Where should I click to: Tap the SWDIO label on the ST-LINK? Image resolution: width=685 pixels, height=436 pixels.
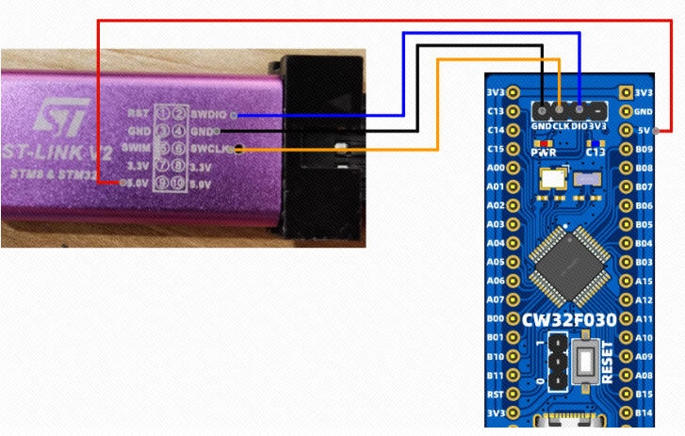(x=205, y=113)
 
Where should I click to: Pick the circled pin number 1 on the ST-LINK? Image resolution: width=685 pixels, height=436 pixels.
(x=163, y=113)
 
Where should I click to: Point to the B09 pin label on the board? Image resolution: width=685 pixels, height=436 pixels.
(x=644, y=149)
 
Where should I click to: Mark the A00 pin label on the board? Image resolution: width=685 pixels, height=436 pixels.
(x=496, y=168)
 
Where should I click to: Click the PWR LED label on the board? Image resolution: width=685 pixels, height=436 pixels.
(x=544, y=152)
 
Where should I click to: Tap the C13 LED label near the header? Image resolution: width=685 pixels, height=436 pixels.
(x=595, y=152)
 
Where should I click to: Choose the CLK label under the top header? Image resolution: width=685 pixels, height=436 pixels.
(x=560, y=125)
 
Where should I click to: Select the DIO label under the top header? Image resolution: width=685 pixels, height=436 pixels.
(x=579, y=125)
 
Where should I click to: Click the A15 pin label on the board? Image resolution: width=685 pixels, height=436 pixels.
(x=644, y=281)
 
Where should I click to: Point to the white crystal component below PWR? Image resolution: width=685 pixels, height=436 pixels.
(x=550, y=177)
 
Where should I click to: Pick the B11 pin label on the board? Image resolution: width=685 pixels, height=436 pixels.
(x=496, y=376)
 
